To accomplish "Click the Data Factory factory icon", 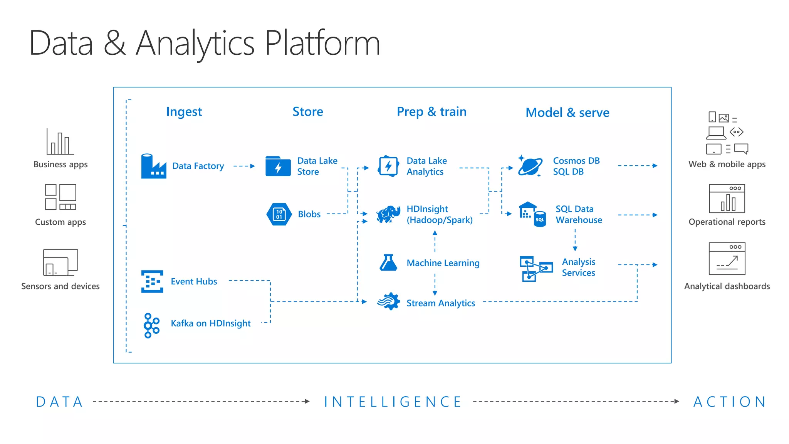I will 153,166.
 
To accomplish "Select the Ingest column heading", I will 184,112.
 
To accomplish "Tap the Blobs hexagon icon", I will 279,214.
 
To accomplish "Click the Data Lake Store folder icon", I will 278,166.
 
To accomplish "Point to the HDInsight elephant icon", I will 388,214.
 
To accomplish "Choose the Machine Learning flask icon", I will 388,263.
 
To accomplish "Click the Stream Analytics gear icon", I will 389,301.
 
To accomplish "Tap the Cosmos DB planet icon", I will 530,166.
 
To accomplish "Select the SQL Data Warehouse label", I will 579,214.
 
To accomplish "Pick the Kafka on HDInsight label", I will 210,323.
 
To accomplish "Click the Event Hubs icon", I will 152,281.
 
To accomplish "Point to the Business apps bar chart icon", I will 60,142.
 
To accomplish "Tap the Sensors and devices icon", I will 60,262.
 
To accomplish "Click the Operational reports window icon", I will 727,198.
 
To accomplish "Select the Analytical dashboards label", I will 727,286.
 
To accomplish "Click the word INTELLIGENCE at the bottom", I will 393,402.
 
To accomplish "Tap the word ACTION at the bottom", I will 730,402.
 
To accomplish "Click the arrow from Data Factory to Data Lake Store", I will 244,166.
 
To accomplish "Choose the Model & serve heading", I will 567,113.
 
